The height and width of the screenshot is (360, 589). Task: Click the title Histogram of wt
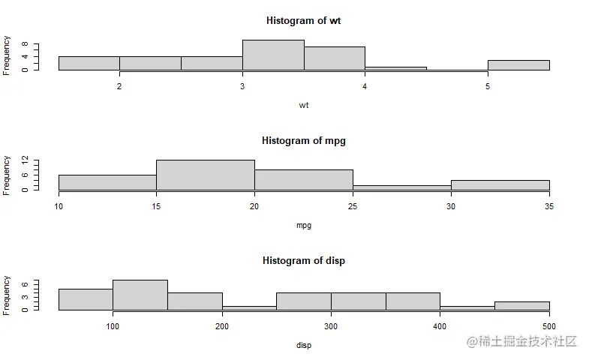(303, 20)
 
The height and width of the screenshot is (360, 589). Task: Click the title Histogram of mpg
(303, 140)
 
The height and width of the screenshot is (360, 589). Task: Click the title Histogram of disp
(303, 260)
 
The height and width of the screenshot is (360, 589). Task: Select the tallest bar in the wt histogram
(273, 55)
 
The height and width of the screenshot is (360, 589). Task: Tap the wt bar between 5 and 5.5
(518, 65)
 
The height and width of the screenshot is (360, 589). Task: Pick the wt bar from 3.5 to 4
(335, 58)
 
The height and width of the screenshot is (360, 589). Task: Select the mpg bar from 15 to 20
(206, 175)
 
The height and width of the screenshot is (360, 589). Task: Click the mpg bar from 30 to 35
(500, 185)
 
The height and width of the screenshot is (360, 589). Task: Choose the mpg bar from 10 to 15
(107, 183)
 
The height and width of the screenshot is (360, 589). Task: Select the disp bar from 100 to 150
(140, 295)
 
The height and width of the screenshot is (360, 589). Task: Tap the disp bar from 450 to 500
(522, 306)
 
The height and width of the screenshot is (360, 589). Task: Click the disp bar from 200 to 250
(249, 307)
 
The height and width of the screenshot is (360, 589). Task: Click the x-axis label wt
(303, 105)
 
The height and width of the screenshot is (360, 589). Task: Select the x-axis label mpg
(303, 225)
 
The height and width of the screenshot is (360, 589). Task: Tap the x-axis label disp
(303, 345)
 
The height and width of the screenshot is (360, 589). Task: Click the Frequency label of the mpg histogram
(8, 175)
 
